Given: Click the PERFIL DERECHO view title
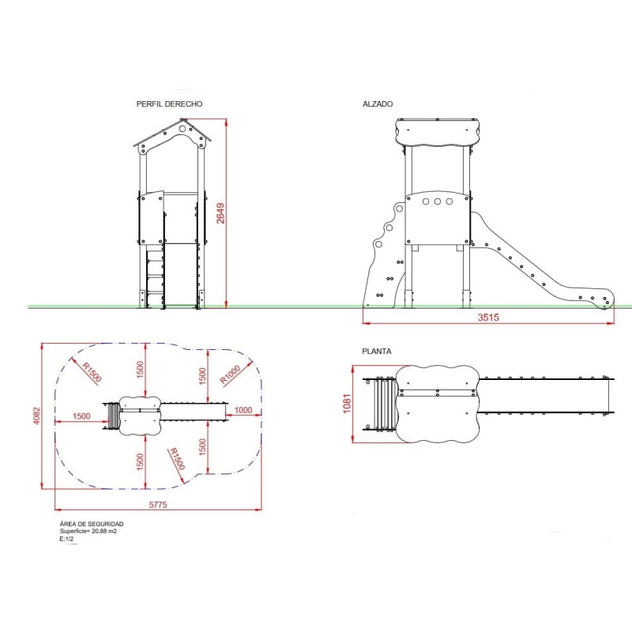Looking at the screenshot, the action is (169, 104).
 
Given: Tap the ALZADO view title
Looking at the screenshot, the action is (378, 104).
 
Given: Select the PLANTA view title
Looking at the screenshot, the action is (377, 352).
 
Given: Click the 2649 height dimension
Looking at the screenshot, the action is (220, 213).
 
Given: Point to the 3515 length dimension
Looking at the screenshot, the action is (488, 318).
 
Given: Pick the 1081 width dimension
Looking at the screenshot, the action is (347, 404).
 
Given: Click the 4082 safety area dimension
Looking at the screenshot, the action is (36, 416).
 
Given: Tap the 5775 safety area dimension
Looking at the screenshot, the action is (158, 505).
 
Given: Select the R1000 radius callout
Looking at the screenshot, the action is (230, 374).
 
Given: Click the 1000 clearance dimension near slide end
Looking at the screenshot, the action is (243, 410).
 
